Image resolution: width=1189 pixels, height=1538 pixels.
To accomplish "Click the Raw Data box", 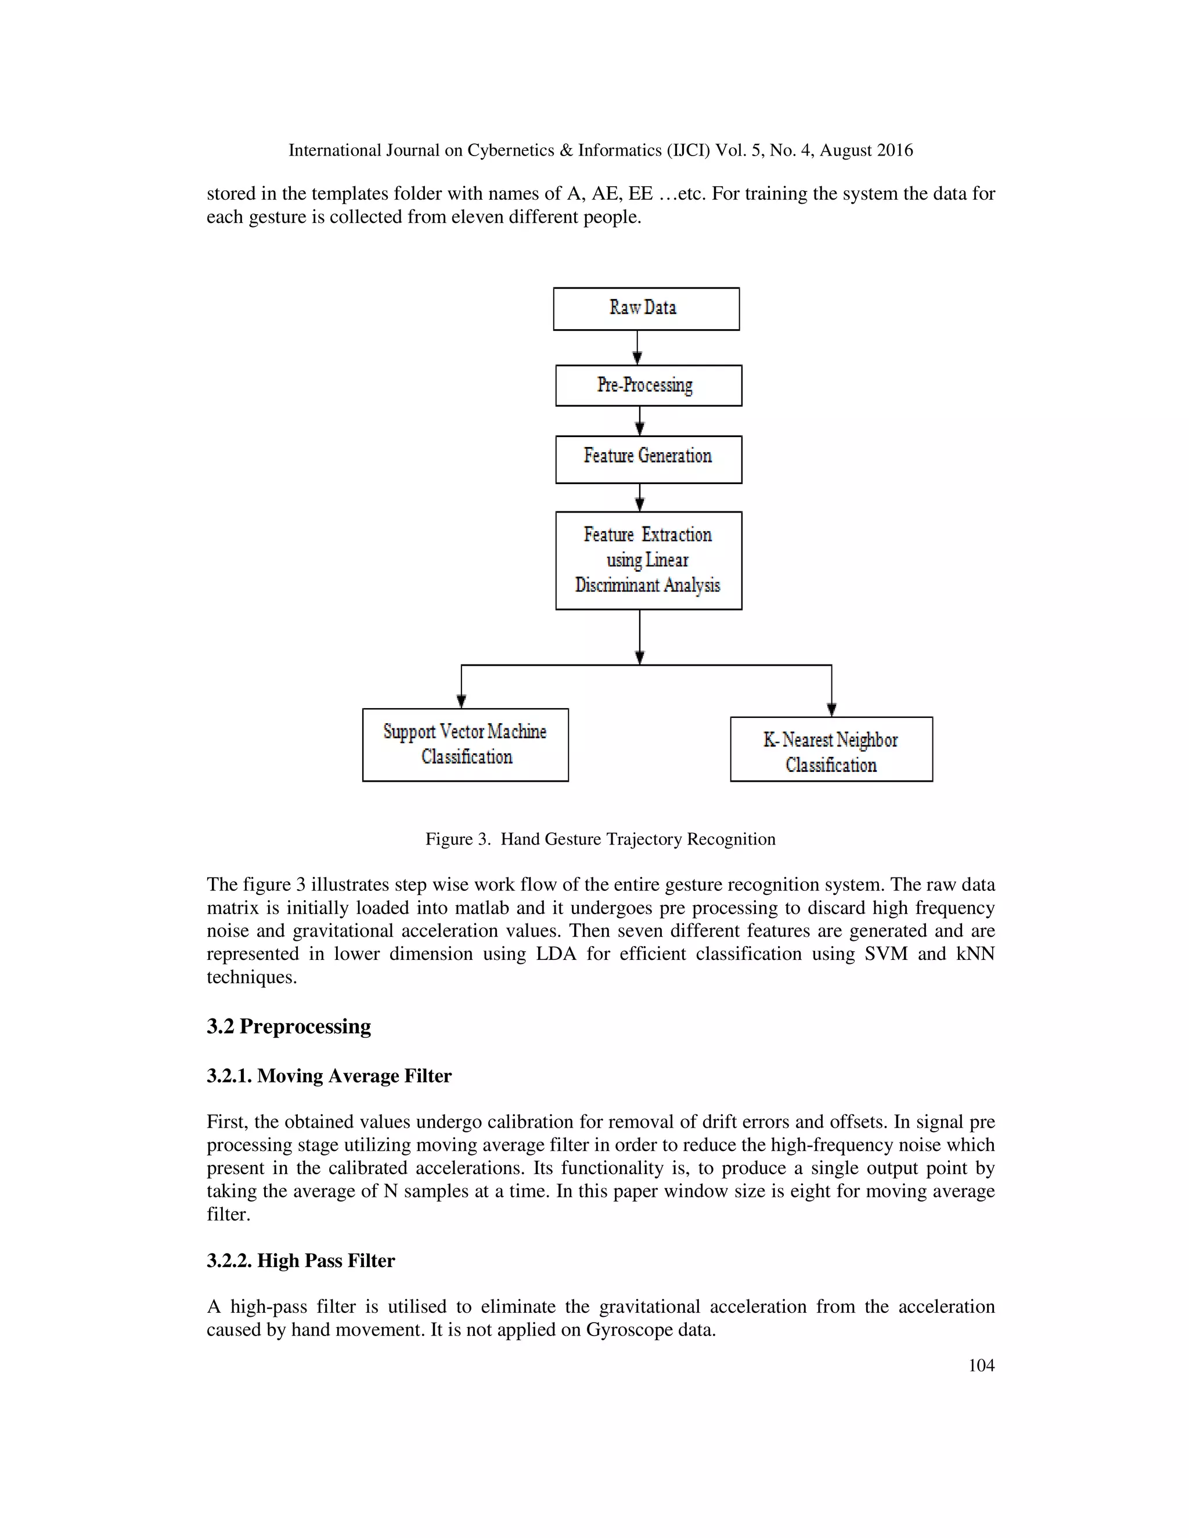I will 646,308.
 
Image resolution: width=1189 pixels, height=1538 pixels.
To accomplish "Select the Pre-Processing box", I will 648,385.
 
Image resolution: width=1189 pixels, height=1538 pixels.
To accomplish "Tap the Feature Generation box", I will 648,459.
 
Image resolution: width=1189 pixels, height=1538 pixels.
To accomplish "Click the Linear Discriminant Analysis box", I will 648,561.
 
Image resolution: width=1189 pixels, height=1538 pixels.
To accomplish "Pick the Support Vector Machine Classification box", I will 465,745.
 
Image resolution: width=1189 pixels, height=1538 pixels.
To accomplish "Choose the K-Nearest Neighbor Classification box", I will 831,749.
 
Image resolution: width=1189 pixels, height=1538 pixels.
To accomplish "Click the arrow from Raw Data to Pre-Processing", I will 637,347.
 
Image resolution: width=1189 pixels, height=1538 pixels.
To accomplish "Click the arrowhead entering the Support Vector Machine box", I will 462,701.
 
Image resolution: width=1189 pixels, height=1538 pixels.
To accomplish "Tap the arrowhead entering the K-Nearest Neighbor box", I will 832,709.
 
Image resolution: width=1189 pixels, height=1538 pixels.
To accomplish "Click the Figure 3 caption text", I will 600,839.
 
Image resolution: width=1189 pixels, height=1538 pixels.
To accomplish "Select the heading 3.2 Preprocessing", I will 289,1026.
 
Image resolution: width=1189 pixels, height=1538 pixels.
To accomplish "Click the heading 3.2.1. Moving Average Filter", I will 329,1075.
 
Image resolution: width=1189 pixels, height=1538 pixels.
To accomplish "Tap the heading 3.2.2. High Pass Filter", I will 301,1260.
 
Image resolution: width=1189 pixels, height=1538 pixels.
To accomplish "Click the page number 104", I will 981,1366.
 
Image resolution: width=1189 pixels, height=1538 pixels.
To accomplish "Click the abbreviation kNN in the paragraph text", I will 975,954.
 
